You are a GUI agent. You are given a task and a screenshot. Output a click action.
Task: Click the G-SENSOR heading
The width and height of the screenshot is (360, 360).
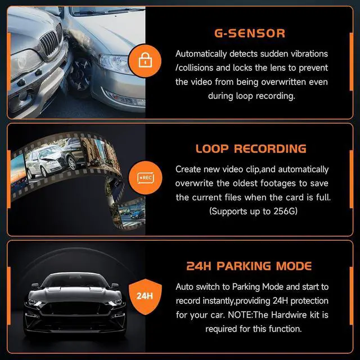point(249,33)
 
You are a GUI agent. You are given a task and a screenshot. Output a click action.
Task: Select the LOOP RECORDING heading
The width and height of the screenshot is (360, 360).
point(251,149)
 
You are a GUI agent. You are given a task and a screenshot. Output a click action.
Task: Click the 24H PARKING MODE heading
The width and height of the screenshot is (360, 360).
point(249,266)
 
